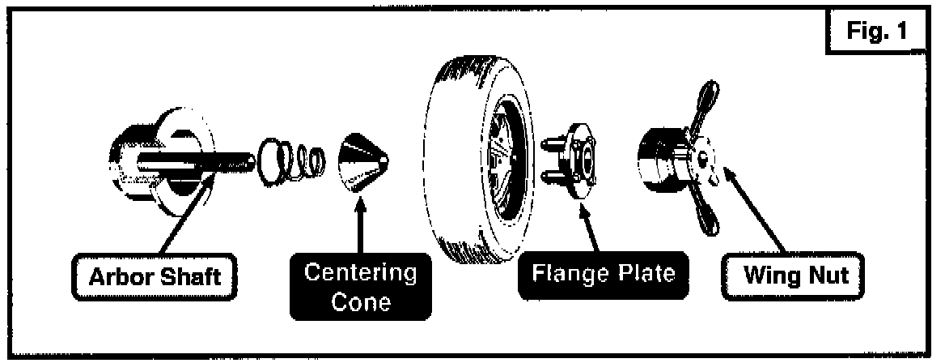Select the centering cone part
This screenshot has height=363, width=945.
pyautogui.click(x=363, y=162)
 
